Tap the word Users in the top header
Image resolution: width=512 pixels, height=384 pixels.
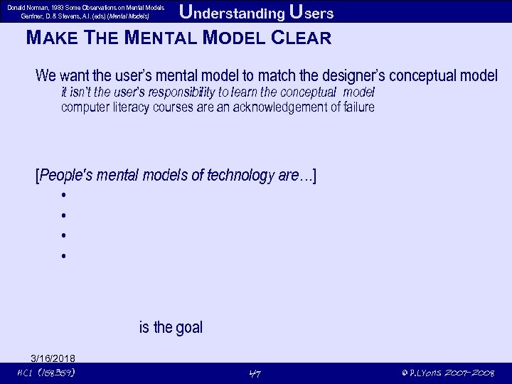tap(311, 13)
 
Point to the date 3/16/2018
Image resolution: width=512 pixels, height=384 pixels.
tap(53, 358)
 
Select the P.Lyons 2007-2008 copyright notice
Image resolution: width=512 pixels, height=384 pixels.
tap(447, 373)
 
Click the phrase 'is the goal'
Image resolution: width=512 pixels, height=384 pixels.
tap(171, 328)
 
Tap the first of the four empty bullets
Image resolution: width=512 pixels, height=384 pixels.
tap(64, 195)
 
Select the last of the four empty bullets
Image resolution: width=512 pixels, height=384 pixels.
tap(64, 255)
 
